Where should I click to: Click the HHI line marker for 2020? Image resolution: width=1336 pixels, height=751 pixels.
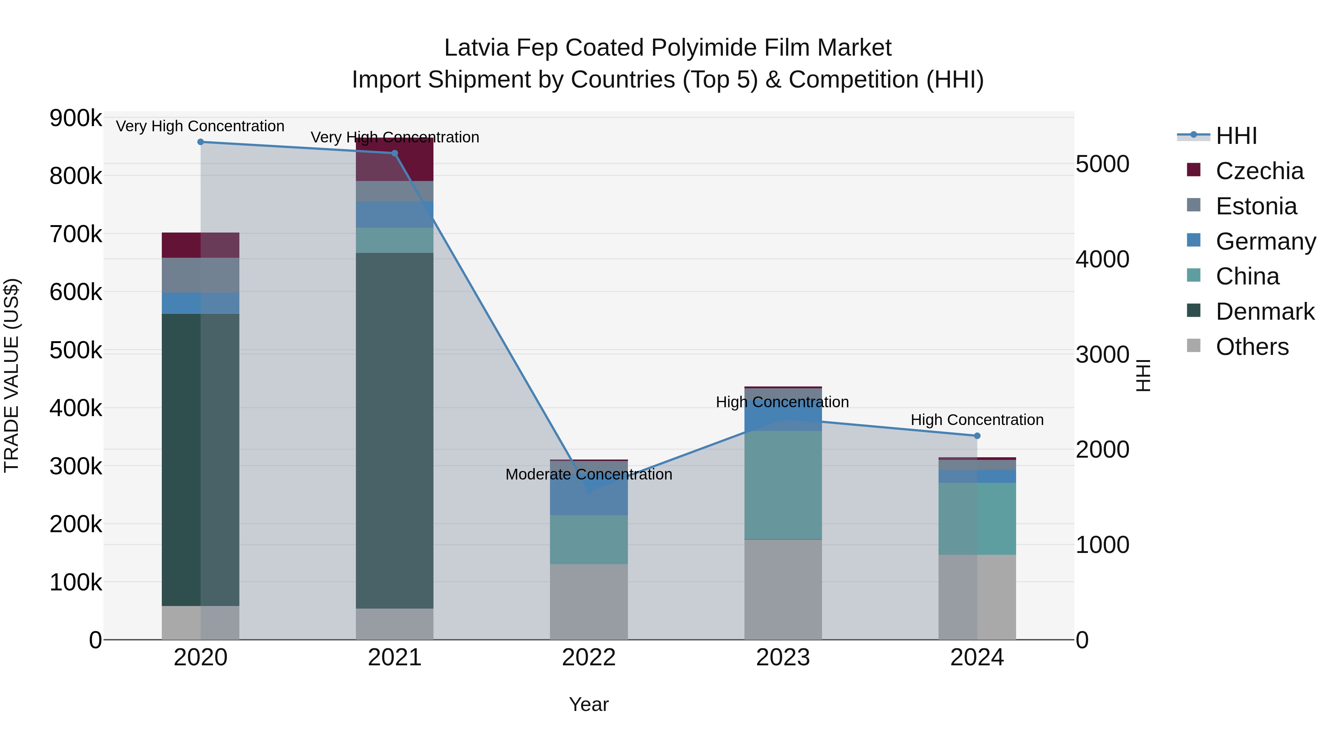tap(201, 142)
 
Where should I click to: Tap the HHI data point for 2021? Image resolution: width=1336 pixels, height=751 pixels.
tap(395, 154)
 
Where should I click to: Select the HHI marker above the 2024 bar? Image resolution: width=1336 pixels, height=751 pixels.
tap(977, 436)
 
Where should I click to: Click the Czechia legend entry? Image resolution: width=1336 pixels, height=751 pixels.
tap(1259, 171)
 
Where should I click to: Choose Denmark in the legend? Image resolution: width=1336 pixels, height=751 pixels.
tap(1264, 312)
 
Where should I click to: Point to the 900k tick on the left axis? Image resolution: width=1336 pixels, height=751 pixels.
tap(76, 118)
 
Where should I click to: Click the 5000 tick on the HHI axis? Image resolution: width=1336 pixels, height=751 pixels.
tap(1102, 164)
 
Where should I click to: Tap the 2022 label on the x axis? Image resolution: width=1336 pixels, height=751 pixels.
tap(589, 658)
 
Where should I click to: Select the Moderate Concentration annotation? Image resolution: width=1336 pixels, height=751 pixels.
tap(589, 474)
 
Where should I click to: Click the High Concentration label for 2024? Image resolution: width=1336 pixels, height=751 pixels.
tap(977, 420)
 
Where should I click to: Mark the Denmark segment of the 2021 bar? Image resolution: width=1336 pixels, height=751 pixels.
tap(395, 430)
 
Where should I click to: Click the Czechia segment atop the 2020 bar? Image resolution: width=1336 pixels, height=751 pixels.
tap(201, 245)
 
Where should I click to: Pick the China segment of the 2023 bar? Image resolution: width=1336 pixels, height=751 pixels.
tap(783, 485)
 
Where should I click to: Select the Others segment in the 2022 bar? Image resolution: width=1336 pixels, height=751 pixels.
tap(589, 601)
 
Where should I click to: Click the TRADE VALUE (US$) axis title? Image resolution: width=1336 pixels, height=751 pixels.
tap(12, 375)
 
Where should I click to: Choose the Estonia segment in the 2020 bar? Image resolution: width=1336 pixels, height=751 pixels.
tap(201, 275)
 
